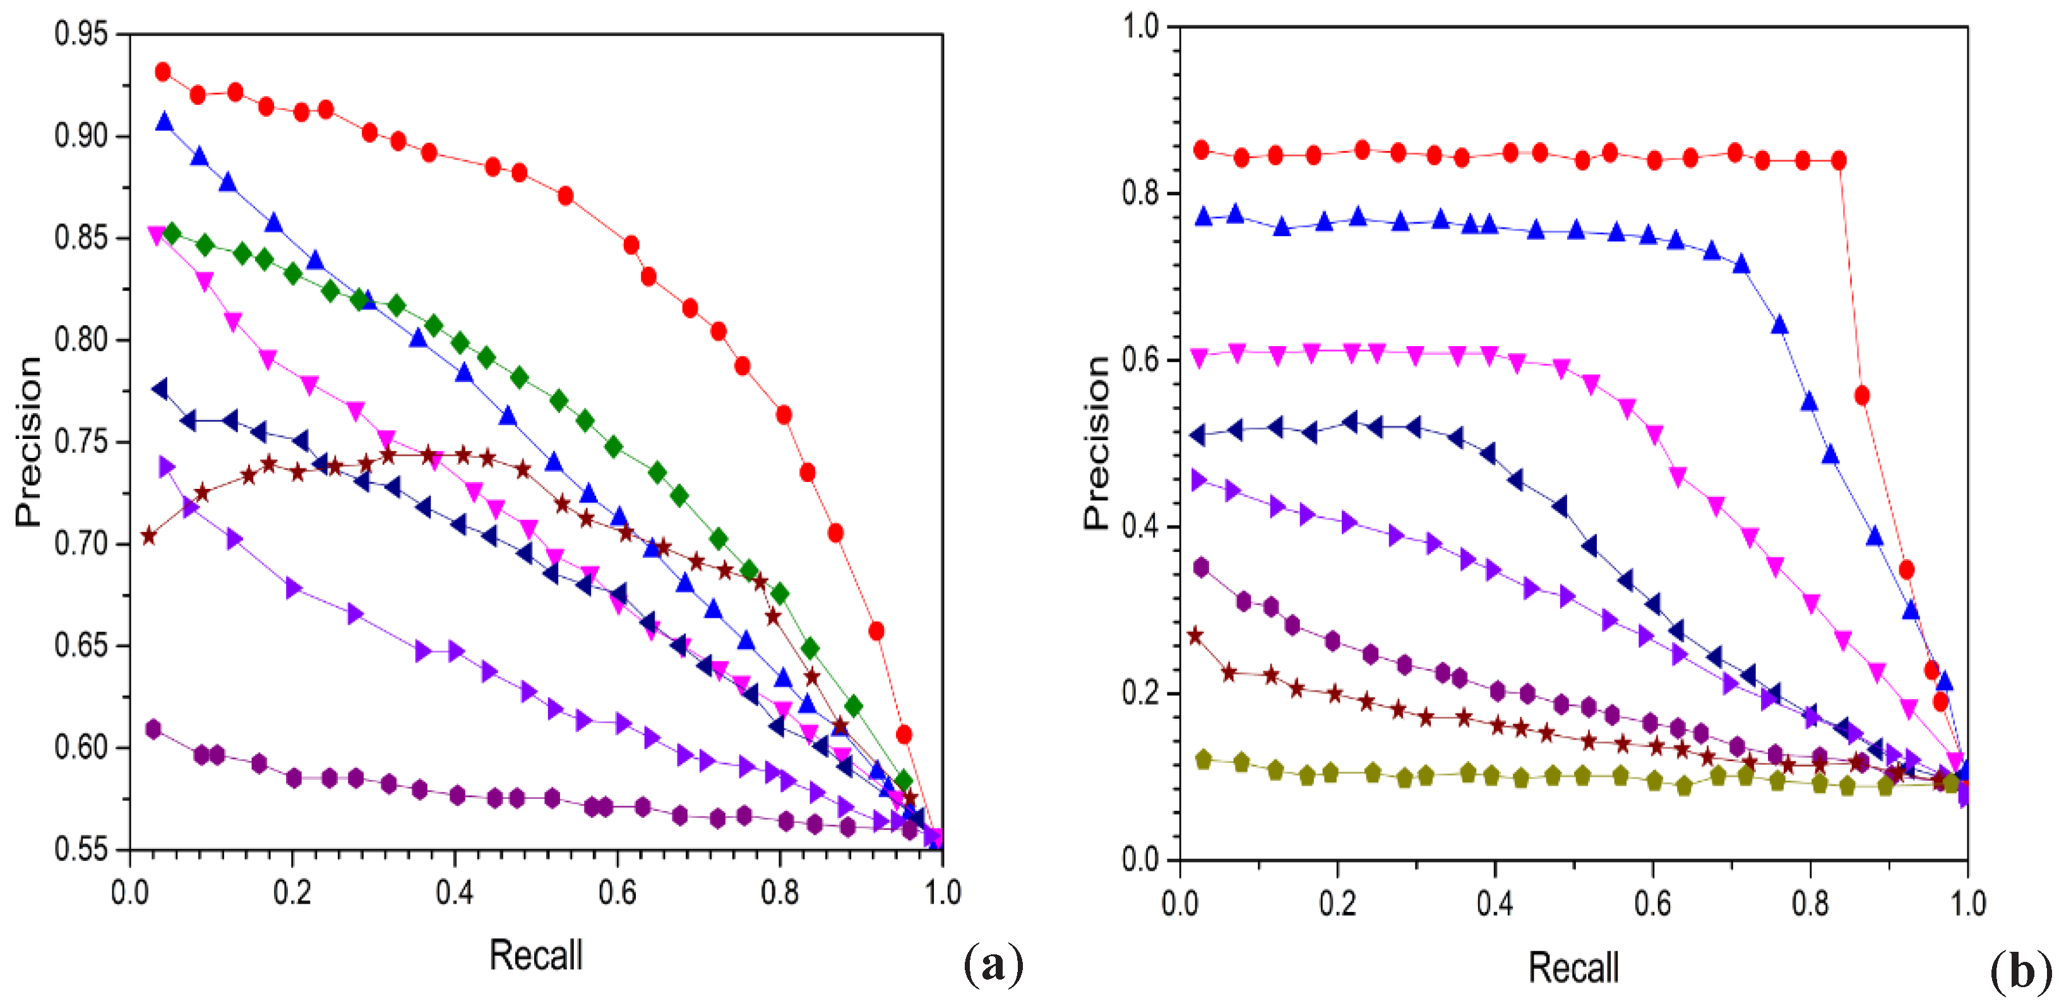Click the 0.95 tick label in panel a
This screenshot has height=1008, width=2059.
pos(80,33)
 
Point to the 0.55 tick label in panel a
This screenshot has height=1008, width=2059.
pos(80,849)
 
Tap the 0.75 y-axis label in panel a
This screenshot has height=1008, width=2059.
pos(80,441)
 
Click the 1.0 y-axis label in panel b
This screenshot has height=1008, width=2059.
pos(1140,27)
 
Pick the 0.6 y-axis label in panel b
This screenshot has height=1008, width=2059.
pos(1140,360)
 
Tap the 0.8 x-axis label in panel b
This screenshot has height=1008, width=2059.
pos(1810,903)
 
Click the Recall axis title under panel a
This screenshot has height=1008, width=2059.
pos(535,955)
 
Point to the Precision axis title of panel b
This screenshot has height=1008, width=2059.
pos(1097,443)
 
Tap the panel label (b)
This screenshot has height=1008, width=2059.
pos(2020,972)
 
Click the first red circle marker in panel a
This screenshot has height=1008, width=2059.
pos(163,72)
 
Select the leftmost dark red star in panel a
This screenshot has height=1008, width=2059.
pos(148,536)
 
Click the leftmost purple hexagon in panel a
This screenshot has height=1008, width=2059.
pos(153,728)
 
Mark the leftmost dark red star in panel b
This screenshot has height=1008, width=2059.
pos(1195,636)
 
